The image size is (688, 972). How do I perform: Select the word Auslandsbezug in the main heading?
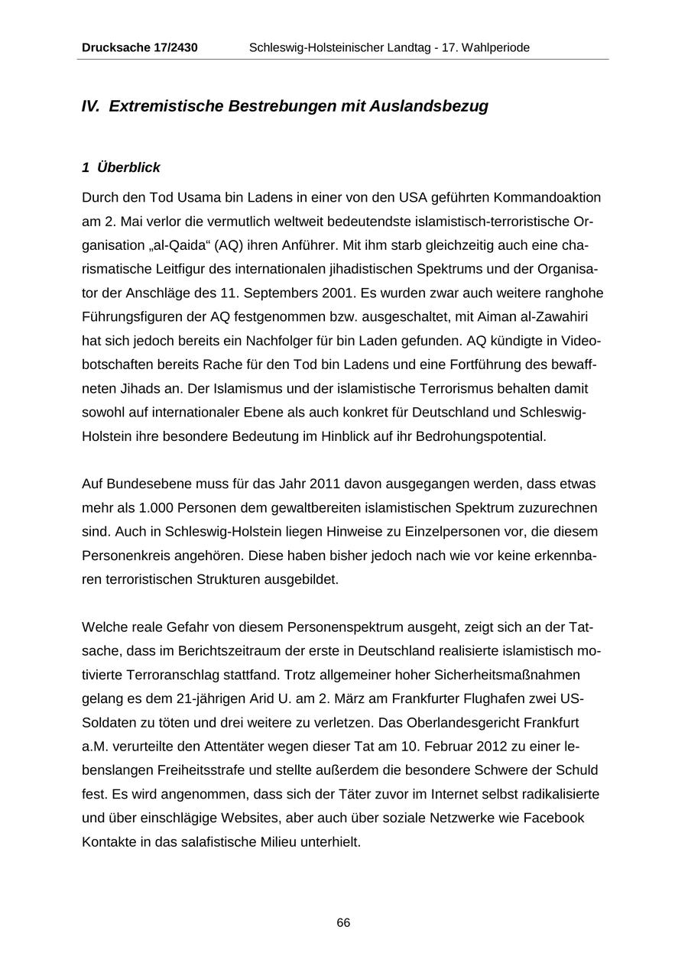tap(429, 106)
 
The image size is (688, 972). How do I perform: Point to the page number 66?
tap(343, 923)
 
